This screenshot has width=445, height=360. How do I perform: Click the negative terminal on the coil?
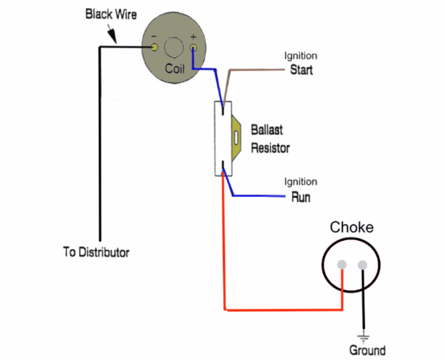[x=154, y=47]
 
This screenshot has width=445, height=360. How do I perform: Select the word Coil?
[x=174, y=69]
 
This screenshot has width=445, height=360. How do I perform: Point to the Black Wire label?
[x=111, y=15]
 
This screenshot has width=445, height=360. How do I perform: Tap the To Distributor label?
[x=96, y=252]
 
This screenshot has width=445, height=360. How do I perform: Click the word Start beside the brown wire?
[x=301, y=70]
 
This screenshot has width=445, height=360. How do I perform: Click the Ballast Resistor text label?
[x=270, y=139]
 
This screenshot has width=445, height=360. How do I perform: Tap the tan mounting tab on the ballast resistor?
[x=237, y=138]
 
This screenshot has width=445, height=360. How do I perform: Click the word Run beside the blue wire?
[x=301, y=197]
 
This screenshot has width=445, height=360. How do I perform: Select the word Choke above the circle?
[x=352, y=228]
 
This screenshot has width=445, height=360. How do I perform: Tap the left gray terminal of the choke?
[x=342, y=265]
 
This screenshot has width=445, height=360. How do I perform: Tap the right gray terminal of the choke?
[x=362, y=265]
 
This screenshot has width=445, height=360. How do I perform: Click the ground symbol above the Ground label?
[x=363, y=337]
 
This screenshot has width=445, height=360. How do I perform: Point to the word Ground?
[x=367, y=350]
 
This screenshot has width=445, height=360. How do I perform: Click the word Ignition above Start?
[x=301, y=56]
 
